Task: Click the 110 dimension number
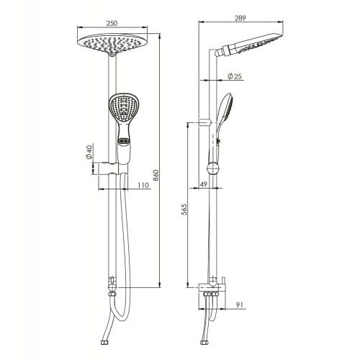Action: tap(143, 186)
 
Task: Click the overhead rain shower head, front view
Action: tap(111, 45)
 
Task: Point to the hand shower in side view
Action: tap(222, 122)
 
